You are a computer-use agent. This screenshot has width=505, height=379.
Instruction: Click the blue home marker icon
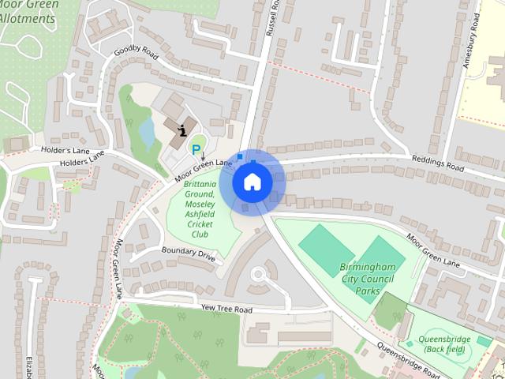(252, 182)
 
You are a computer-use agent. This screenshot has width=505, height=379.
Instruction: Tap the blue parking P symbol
(196, 148)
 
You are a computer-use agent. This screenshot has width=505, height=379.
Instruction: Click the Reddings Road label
(436, 162)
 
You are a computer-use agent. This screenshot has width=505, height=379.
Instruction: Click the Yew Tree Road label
(226, 309)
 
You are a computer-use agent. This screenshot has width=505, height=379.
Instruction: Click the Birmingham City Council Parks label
(365, 279)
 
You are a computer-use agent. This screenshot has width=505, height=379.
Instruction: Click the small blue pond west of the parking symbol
(147, 133)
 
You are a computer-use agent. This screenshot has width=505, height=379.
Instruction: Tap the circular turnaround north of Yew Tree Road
(259, 275)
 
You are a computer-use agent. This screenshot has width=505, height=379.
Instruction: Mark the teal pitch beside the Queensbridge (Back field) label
(482, 341)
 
